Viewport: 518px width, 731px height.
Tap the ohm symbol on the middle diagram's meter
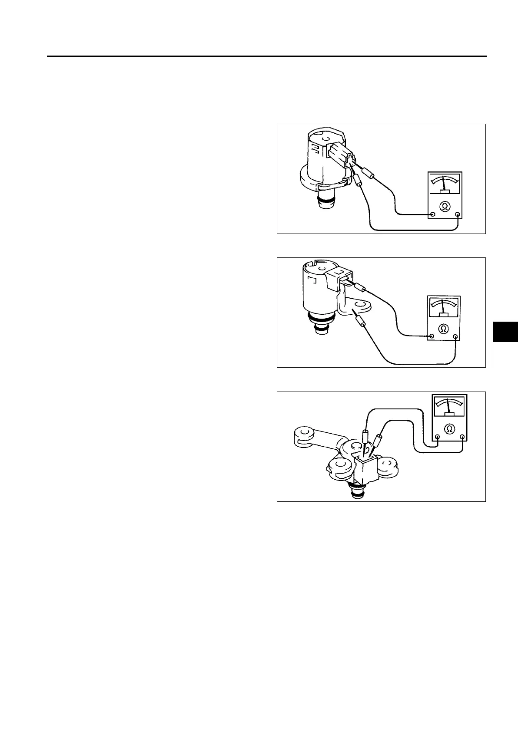[443, 328]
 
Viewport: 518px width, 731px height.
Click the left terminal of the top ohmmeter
[433, 214]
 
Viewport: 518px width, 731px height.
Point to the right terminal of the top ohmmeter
[458, 214]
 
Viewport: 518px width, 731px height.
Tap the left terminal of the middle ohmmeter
[432, 336]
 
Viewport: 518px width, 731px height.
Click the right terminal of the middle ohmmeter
[455, 336]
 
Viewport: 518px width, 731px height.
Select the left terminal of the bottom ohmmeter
[437, 438]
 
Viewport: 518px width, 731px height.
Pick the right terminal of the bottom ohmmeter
[462, 438]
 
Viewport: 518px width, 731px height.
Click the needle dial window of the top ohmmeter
[445, 184]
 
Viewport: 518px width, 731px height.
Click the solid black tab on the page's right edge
[505, 338]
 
